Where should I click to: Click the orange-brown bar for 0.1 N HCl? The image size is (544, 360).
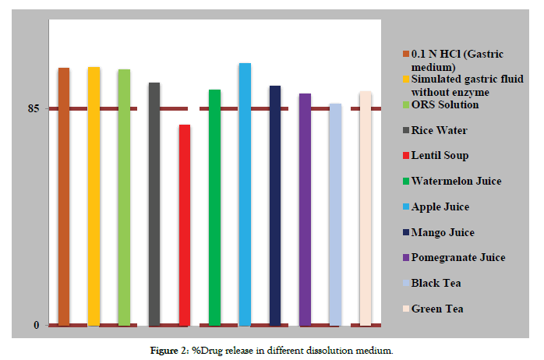point(64,195)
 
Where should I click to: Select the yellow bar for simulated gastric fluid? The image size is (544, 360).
point(94,195)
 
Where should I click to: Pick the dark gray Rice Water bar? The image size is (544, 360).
point(154,203)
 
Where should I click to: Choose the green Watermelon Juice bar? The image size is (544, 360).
point(214,206)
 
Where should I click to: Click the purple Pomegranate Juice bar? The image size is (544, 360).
point(305,208)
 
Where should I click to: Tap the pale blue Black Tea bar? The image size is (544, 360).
point(335,214)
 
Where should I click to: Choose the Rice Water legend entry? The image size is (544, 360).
point(439,131)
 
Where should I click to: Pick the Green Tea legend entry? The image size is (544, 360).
point(436,309)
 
